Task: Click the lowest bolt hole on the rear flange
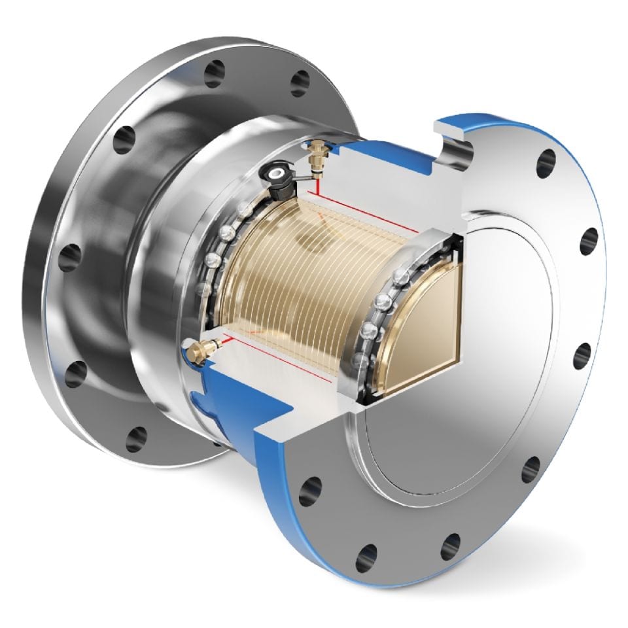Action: [136, 438]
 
